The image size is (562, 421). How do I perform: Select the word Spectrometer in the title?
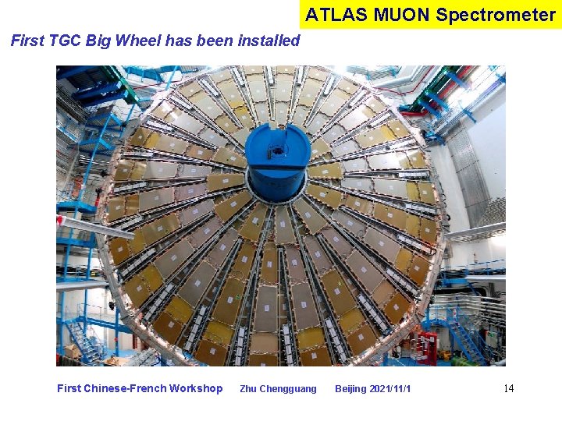point(496,15)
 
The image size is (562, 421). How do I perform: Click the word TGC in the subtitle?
point(66,41)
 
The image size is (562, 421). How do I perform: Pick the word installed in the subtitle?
point(269,41)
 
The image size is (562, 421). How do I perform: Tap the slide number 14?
point(509,388)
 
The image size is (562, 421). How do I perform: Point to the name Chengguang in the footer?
point(288,389)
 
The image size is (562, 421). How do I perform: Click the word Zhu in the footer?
point(248,389)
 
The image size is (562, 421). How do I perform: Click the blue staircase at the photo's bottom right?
point(469,343)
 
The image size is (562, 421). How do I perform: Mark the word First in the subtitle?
point(29,41)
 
